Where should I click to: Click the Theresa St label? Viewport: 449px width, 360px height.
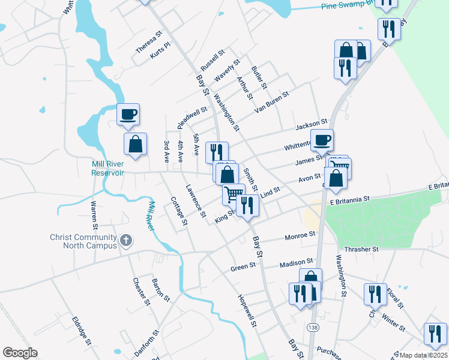pos(149,43)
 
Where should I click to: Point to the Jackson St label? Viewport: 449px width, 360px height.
pos(311,124)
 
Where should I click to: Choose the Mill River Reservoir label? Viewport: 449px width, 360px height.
pos(107,168)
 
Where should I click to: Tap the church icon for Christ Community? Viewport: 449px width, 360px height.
pos(125,241)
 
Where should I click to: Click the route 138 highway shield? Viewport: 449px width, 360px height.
pos(313,327)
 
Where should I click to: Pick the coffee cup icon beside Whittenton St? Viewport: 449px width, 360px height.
pos(322,140)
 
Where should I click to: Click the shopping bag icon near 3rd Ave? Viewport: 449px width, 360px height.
pos(136,144)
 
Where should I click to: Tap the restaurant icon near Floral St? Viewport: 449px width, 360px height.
pos(375,294)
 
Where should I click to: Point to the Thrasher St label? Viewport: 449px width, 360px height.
pos(362,248)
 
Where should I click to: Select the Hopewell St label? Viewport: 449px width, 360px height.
pos(247,311)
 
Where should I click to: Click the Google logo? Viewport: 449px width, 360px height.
pos(20,353)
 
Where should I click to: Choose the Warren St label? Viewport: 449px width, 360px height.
pos(94,216)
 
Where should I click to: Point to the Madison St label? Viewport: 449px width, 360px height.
pos(297,262)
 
